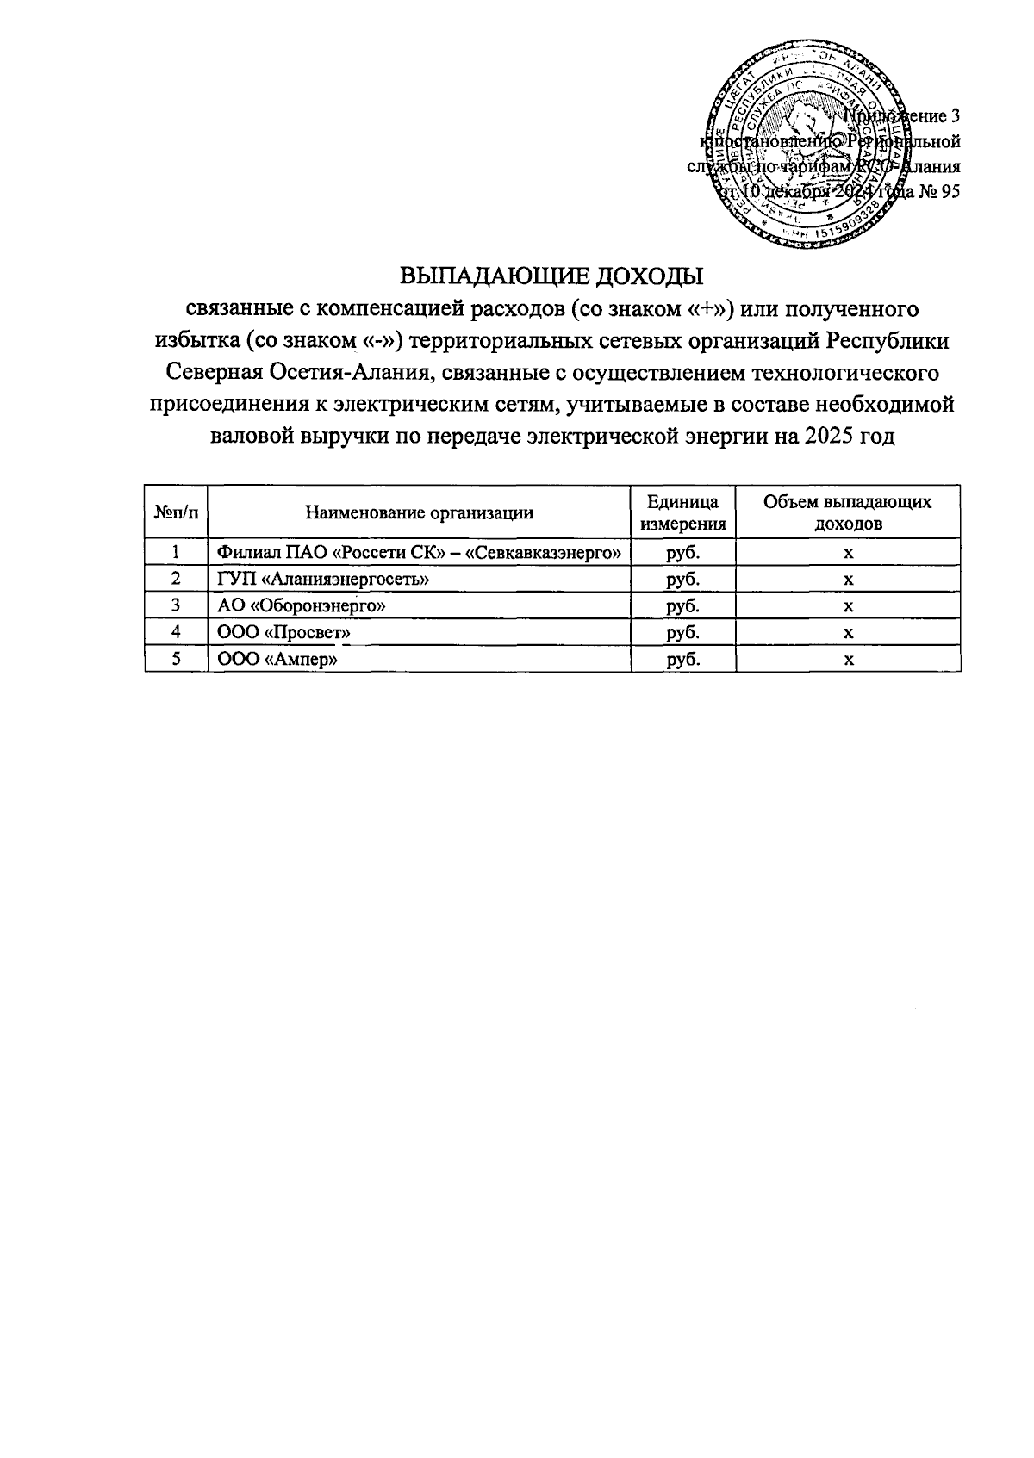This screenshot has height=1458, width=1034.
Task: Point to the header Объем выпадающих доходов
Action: pyautogui.click(x=848, y=513)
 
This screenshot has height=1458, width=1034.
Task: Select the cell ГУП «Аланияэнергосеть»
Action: pyautogui.click(x=323, y=580)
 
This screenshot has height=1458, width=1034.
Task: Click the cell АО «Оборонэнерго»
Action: pyautogui.click(x=301, y=606)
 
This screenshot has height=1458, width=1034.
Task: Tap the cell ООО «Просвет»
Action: pyautogui.click(x=284, y=633)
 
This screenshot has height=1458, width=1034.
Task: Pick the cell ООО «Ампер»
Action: pyautogui.click(x=277, y=660)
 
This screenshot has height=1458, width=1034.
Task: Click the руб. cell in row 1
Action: pyautogui.click(x=684, y=553)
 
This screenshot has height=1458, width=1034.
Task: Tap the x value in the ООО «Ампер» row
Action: pyautogui.click(x=848, y=660)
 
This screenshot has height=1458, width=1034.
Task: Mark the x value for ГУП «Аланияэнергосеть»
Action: pyautogui.click(x=848, y=580)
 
